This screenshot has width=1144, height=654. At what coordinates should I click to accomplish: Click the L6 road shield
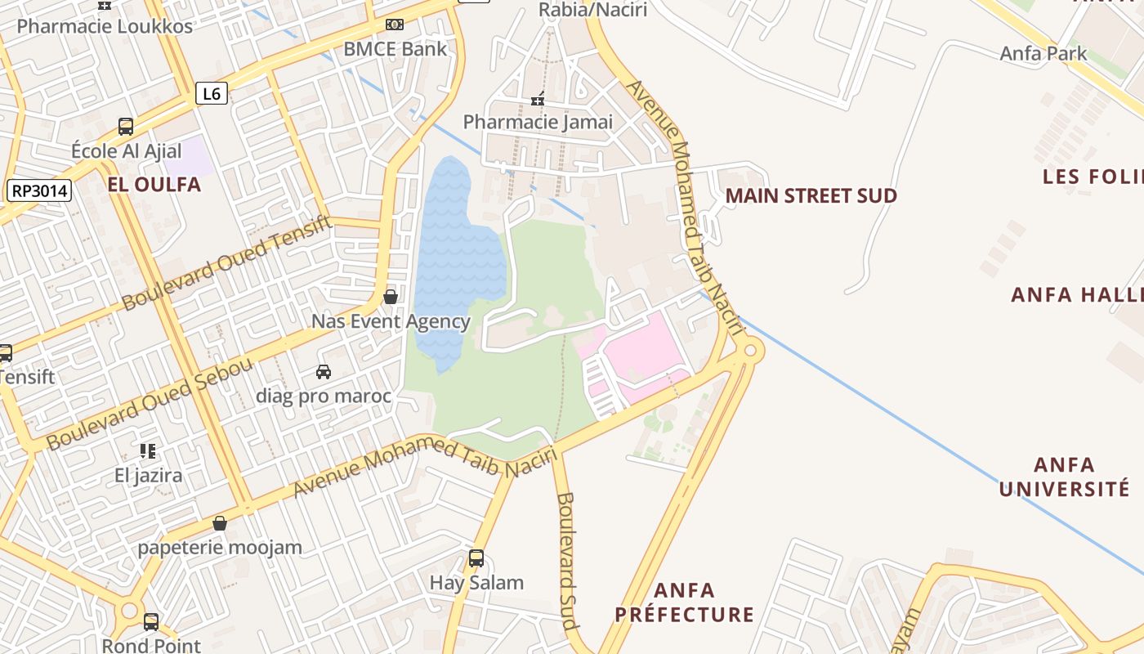pyautogui.click(x=211, y=93)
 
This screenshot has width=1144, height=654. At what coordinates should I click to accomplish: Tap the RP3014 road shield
pyautogui.click(x=39, y=191)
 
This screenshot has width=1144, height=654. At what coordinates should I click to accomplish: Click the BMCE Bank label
pyautogui.click(x=395, y=49)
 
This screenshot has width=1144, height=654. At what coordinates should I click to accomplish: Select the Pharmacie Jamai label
pyautogui.click(x=538, y=123)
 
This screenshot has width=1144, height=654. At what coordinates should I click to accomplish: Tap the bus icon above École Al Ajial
pyautogui.click(x=126, y=127)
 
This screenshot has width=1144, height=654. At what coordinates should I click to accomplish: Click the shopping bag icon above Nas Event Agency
pyautogui.click(x=391, y=296)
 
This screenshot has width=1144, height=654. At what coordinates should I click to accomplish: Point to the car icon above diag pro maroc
pyautogui.click(x=324, y=372)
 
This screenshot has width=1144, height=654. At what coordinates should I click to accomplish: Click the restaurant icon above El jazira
pyautogui.click(x=148, y=450)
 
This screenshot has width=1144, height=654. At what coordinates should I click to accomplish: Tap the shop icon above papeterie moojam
pyautogui.click(x=219, y=523)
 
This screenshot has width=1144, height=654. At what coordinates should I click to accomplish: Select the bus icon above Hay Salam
pyautogui.click(x=476, y=558)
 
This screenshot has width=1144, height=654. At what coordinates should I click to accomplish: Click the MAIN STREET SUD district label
pyautogui.click(x=811, y=196)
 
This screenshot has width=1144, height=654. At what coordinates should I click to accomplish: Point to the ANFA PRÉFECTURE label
pyautogui.click(x=684, y=602)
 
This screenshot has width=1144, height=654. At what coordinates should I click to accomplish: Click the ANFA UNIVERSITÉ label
pyautogui.click(x=1064, y=477)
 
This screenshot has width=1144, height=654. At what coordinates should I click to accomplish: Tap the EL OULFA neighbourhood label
pyautogui.click(x=154, y=185)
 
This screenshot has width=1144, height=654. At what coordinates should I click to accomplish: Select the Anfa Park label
pyautogui.click(x=1043, y=54)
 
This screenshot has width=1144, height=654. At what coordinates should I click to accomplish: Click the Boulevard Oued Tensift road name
pyautogui.click(x=227, y=262)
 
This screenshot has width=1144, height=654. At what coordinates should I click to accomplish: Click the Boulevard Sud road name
pyautogui.click(x=565, y=560)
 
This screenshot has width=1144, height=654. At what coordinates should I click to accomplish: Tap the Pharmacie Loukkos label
pyautogui.click(x=105, y=26)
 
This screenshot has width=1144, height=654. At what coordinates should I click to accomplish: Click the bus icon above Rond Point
pyautogui.click(x=151, y=621)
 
